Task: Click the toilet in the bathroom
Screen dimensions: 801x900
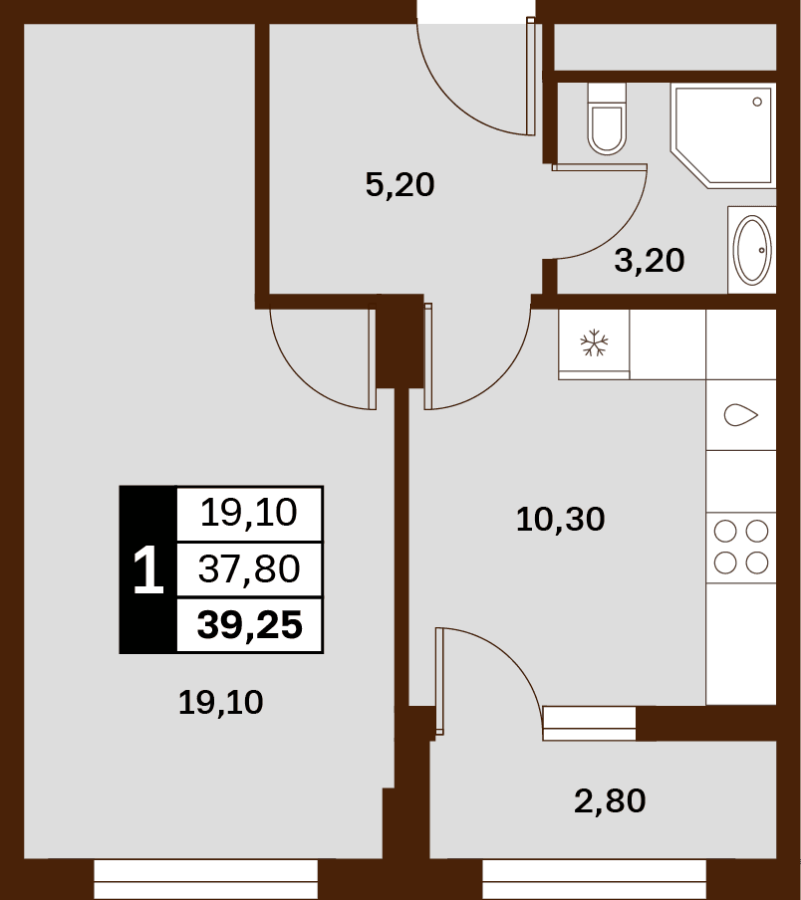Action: pyautogui.click(x=607, y=118)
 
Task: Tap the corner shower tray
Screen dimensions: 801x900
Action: pyautogui.click(x=723, y=135)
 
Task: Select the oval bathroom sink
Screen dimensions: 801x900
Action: pyautogui.click(x=752, y=250)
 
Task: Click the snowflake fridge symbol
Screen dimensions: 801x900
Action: pyautogui.click(x=595, y=343)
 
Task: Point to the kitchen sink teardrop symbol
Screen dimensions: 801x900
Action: pyautogui.click(x=740, y=415)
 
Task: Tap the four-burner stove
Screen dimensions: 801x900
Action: pyautogui.click(x=741, y=548)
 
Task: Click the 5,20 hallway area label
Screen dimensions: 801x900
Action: pyautogui.click(x=400, y=185)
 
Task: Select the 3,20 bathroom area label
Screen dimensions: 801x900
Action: pyautogui.click(x=650, y=261)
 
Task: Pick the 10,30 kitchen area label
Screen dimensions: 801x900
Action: pyautogui.click(x=561, y=520)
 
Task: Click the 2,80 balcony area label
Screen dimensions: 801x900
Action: pyautogui.click(x=610, y=801)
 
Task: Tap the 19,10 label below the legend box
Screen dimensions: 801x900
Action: pyautogui.click(x=221, y=703)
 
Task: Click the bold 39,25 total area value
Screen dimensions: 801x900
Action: pyautogui.click(x=250, y=625)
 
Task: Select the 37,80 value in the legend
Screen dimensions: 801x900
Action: pyautogui.click(x=249, y=569)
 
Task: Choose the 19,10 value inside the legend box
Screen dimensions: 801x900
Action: pyautogui.click(x=249, y=513)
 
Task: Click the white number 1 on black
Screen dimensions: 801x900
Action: pyautogui.click(x=148, y=569)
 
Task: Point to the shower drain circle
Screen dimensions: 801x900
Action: pyautogui.click(x=757, y=102)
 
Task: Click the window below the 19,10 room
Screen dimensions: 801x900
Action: pyautogui.click(x=205, y=879)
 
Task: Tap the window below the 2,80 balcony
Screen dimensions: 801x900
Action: pyautogui.click(x=595, y=879)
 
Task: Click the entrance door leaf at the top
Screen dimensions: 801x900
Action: pyautogui.click(x=531, y=77)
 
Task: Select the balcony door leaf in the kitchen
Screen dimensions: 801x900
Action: pyautogui.click(x=439, y=681)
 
